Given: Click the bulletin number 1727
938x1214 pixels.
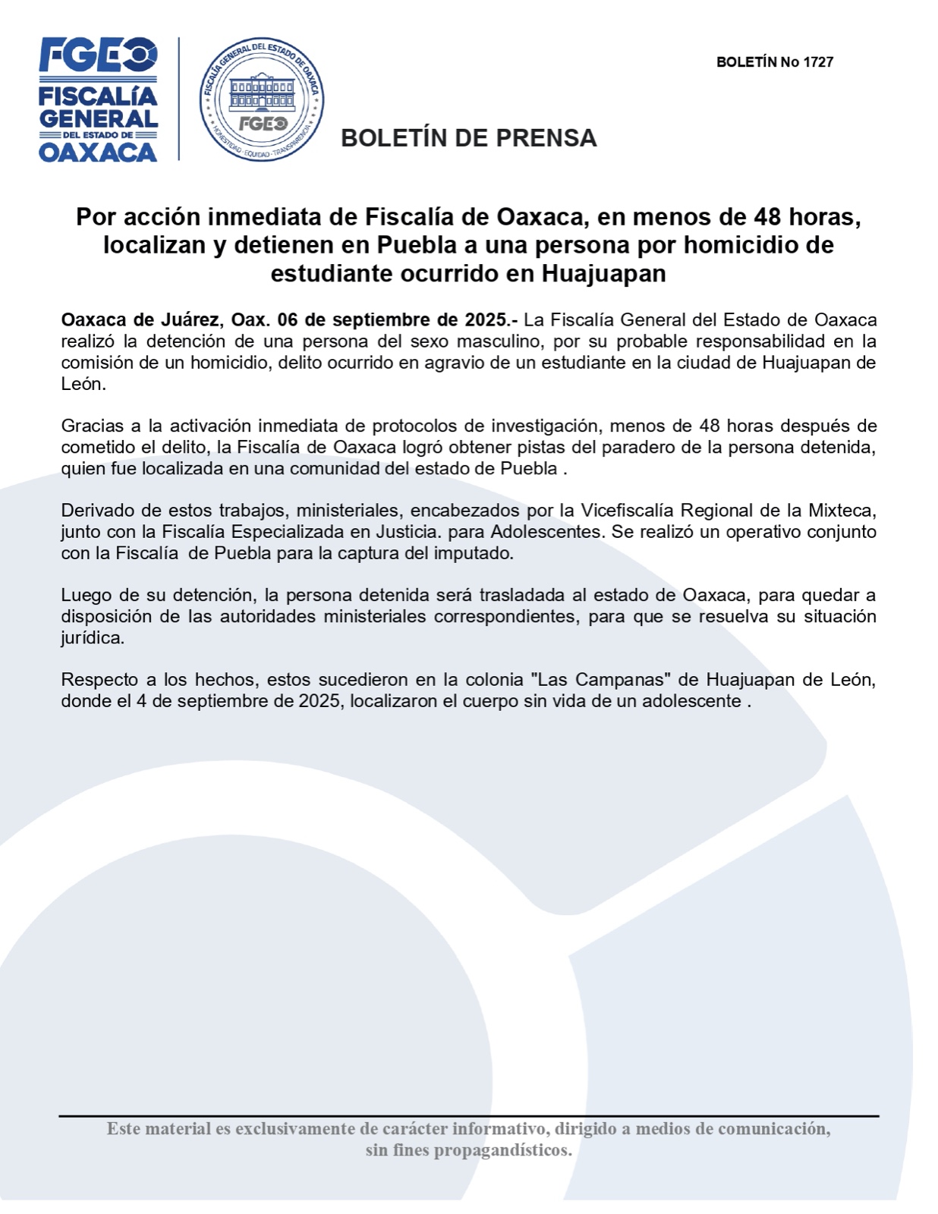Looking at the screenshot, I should click(818, 62).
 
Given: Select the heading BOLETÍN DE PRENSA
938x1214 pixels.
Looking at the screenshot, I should click(468, 138).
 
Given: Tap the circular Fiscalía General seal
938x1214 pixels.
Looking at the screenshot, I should click(262, 99).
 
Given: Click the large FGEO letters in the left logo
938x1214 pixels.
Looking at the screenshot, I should click(98, 55).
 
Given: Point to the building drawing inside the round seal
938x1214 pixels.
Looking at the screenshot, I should click(262, 90).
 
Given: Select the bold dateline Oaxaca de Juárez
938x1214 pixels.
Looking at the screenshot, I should click(141, 320).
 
